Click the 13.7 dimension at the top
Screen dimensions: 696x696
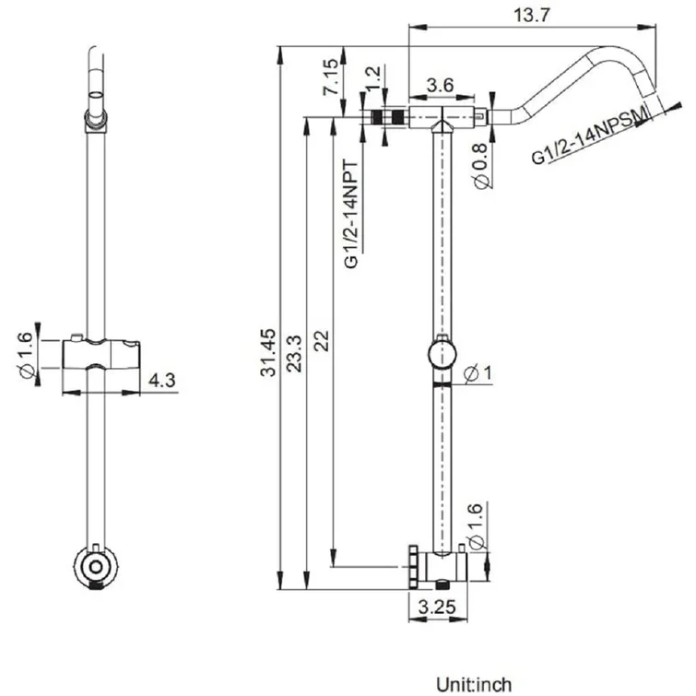pyautogui.click(x=531, y=16)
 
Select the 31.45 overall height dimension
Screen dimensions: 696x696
pyautogui.click(x=268, y=352)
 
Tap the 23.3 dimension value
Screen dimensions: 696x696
pyautogui.click(x=294, y=353)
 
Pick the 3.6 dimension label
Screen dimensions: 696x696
pyautogui.click(x=441, y=85)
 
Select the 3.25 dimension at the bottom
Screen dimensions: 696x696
pyautogui.click(x=438, y=608)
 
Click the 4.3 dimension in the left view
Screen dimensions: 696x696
pyautogui.click(x=162, y=381)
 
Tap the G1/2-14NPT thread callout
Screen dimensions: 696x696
pyautogui.click(x=351, y=215)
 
